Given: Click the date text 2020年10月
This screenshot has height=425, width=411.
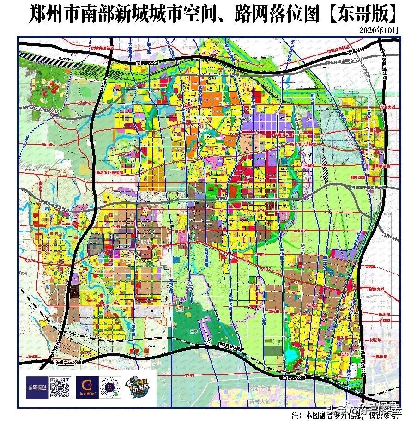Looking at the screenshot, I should pos(378,30).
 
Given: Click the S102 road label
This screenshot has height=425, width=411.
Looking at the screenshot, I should pos(265,268).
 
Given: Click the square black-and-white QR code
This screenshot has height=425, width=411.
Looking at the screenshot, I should pos(60,387).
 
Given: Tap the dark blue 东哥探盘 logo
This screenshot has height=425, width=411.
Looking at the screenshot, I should pos(36,387).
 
